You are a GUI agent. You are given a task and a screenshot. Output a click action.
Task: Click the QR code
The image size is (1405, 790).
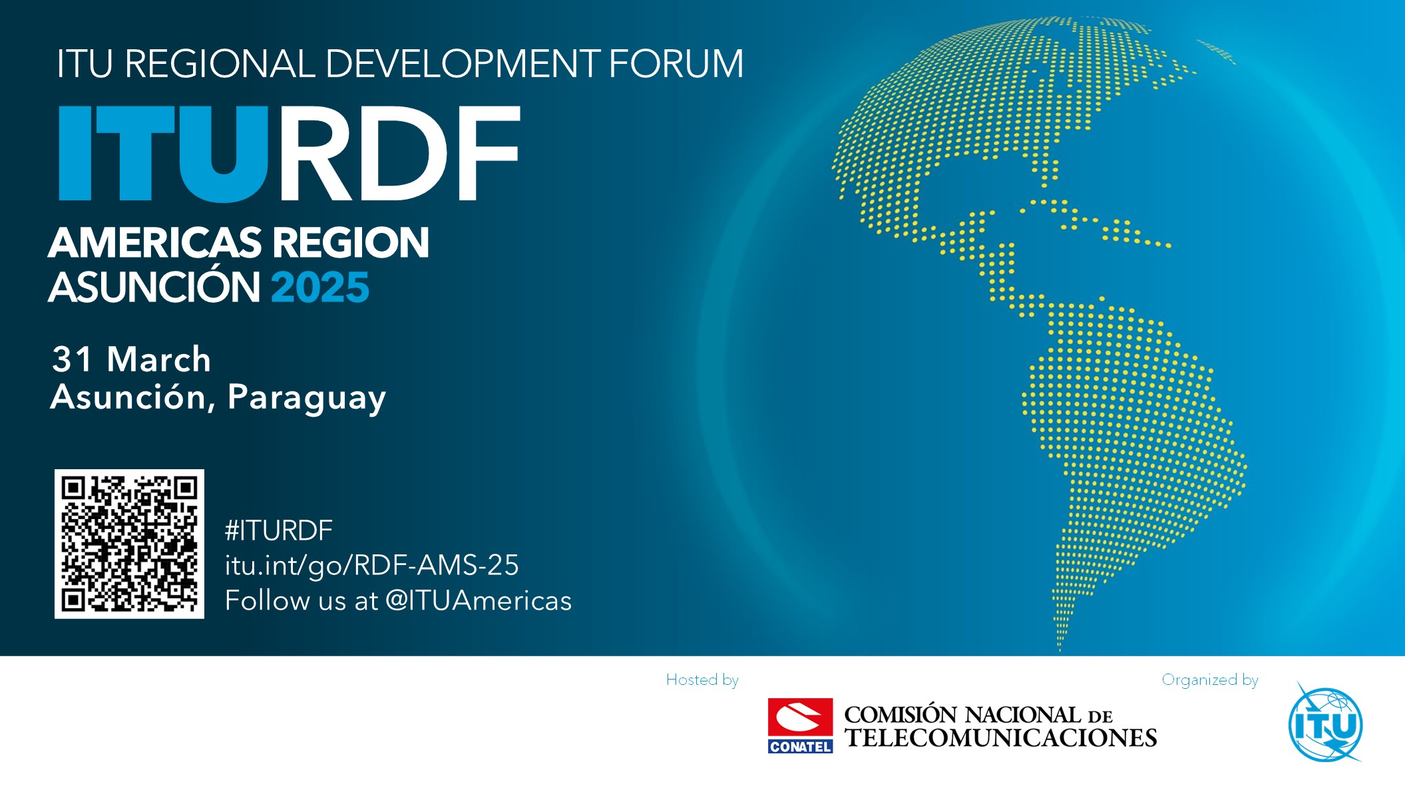[x=129, y=544]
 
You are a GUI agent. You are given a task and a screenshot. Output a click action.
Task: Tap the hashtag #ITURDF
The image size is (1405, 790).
[x=278, y=530]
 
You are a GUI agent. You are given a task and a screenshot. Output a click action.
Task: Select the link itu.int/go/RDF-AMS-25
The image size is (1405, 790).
[x=371, y=565]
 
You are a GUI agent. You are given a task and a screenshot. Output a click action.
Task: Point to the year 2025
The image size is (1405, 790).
[x=319, y=288]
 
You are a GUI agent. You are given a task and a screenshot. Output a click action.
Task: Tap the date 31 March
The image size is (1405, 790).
[x=131, y=359]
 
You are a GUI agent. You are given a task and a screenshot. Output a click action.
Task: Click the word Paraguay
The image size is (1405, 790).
[x=306, y=397]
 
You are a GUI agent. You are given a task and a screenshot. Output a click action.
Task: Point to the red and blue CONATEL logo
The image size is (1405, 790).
[x=800, y=725]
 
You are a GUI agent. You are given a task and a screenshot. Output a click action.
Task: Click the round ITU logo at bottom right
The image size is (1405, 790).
[x=1325, y=723]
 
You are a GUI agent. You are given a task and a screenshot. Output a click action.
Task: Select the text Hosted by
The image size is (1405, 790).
[x=702, y=680]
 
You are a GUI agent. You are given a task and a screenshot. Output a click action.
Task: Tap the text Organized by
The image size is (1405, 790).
[x=1209, y=680]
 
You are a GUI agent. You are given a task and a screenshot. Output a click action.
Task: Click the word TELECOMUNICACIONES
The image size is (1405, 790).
[x=1001, y=738]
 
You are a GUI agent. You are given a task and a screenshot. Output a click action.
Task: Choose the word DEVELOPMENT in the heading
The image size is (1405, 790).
[x=462, y=64]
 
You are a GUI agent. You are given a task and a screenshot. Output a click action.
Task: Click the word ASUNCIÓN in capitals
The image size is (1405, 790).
[x=154, y=288]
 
